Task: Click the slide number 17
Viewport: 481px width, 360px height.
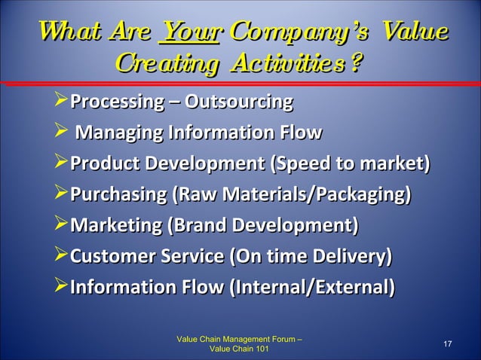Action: point(447,344)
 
